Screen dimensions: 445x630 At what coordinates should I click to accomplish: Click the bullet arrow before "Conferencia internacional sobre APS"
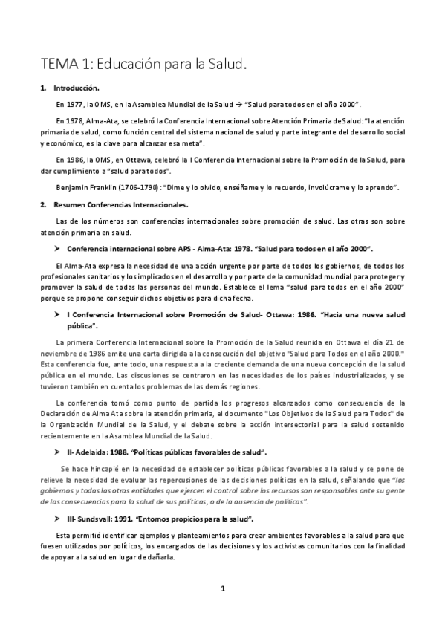click(x=57, y=247)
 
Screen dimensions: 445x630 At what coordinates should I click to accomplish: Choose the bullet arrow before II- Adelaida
click(x=57, y=452)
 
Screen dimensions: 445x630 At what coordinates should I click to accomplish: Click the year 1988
click(x=119, y=452)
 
